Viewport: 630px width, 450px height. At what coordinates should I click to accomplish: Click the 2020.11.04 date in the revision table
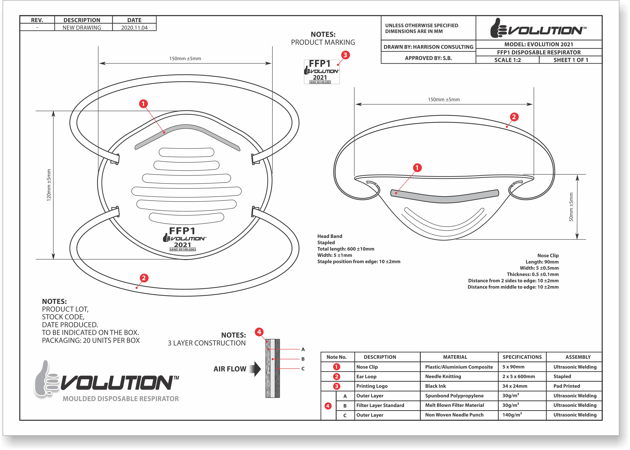tap(134, 28)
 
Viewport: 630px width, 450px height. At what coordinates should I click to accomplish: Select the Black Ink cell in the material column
tap(435, 386)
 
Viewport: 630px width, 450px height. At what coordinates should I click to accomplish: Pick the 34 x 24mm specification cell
tap(515, 386)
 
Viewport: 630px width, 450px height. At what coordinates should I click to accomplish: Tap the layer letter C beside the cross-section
tap(303, 369)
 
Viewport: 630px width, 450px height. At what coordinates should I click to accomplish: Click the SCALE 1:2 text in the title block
tap(507, 60)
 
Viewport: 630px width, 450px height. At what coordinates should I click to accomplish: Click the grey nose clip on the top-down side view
tap(444, 196)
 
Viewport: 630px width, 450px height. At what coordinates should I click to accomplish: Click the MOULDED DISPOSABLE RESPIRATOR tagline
tap(121, 399)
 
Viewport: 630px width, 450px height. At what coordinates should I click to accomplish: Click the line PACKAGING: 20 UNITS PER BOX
tap(91, 341)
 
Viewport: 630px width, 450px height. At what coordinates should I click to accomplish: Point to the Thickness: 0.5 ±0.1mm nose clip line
tap(533, 274)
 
